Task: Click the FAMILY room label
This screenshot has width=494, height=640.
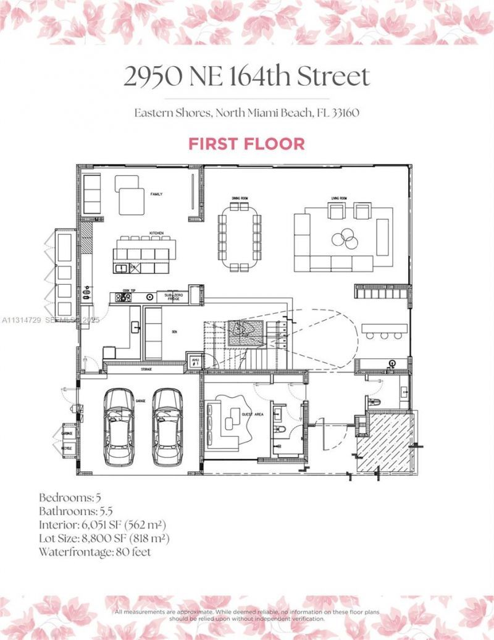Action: click(156, 194)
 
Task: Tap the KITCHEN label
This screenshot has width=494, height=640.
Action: click(156, 233)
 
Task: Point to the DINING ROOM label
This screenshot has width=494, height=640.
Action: click(240, 198)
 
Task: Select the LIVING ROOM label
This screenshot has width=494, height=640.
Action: click(339, 198)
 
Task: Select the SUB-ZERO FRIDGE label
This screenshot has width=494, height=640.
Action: click(172, 297)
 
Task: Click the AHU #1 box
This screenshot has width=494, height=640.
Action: click(195, 362)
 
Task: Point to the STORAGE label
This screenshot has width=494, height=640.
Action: click(146, 369)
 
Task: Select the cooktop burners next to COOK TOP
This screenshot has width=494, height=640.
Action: click(125, 297)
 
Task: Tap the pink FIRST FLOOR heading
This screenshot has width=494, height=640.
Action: click(246, 144)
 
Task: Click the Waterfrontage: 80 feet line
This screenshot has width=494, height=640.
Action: click(94, 552)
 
